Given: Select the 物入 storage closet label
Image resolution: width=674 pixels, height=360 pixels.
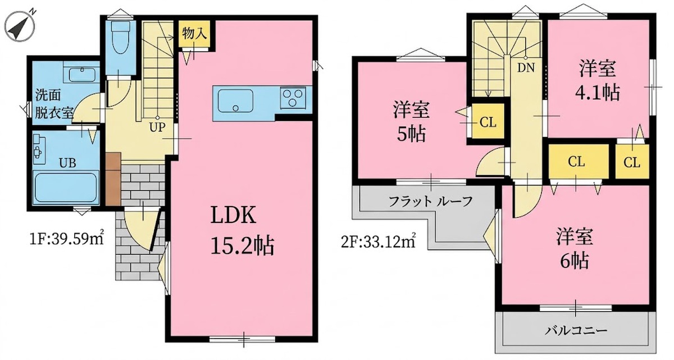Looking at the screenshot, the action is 194,34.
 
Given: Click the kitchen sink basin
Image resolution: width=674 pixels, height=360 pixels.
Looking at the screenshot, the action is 235,101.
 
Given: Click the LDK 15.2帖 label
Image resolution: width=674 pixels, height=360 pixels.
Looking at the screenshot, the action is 242,230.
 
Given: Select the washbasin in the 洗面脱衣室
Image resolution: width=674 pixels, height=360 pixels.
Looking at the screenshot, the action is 82,74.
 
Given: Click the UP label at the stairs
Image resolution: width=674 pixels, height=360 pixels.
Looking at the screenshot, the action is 157,127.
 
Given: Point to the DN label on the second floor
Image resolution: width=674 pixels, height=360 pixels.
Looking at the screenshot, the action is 526,69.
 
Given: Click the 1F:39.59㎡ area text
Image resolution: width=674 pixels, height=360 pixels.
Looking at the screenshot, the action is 66,239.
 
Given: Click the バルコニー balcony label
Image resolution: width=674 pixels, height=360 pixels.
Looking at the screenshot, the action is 576,331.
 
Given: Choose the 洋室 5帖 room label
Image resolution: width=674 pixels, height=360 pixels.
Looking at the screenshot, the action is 411,121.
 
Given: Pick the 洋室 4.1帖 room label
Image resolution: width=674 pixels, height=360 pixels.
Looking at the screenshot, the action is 598,80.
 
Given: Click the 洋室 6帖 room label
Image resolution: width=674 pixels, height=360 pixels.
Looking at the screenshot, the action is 575,248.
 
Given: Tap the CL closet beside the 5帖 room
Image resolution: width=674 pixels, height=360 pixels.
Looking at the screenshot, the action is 488,121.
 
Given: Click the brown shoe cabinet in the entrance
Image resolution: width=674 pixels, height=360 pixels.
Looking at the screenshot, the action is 113,179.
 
